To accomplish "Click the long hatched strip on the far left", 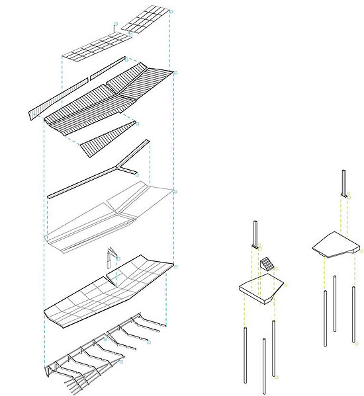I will coord(58,97).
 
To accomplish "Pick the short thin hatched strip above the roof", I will coord(107,67).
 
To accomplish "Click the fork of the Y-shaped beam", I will coord(125,166).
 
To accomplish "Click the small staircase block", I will coord(266,264).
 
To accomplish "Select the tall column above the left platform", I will coord(253,233).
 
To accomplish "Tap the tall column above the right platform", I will coord(343,181).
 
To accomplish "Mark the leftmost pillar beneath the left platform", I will coord(244,354).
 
